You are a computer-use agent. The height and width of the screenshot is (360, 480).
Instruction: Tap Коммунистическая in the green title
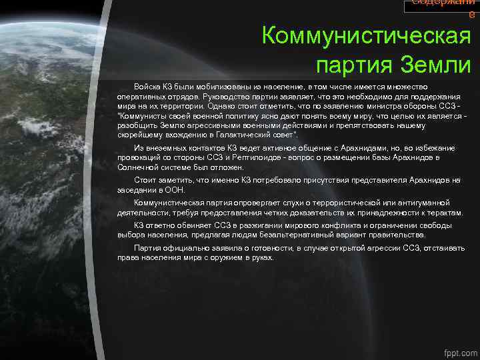coord(366,35)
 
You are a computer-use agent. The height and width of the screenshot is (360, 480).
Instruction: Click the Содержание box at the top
coord(441,6)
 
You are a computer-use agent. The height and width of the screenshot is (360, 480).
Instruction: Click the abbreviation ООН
coord(174,189)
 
